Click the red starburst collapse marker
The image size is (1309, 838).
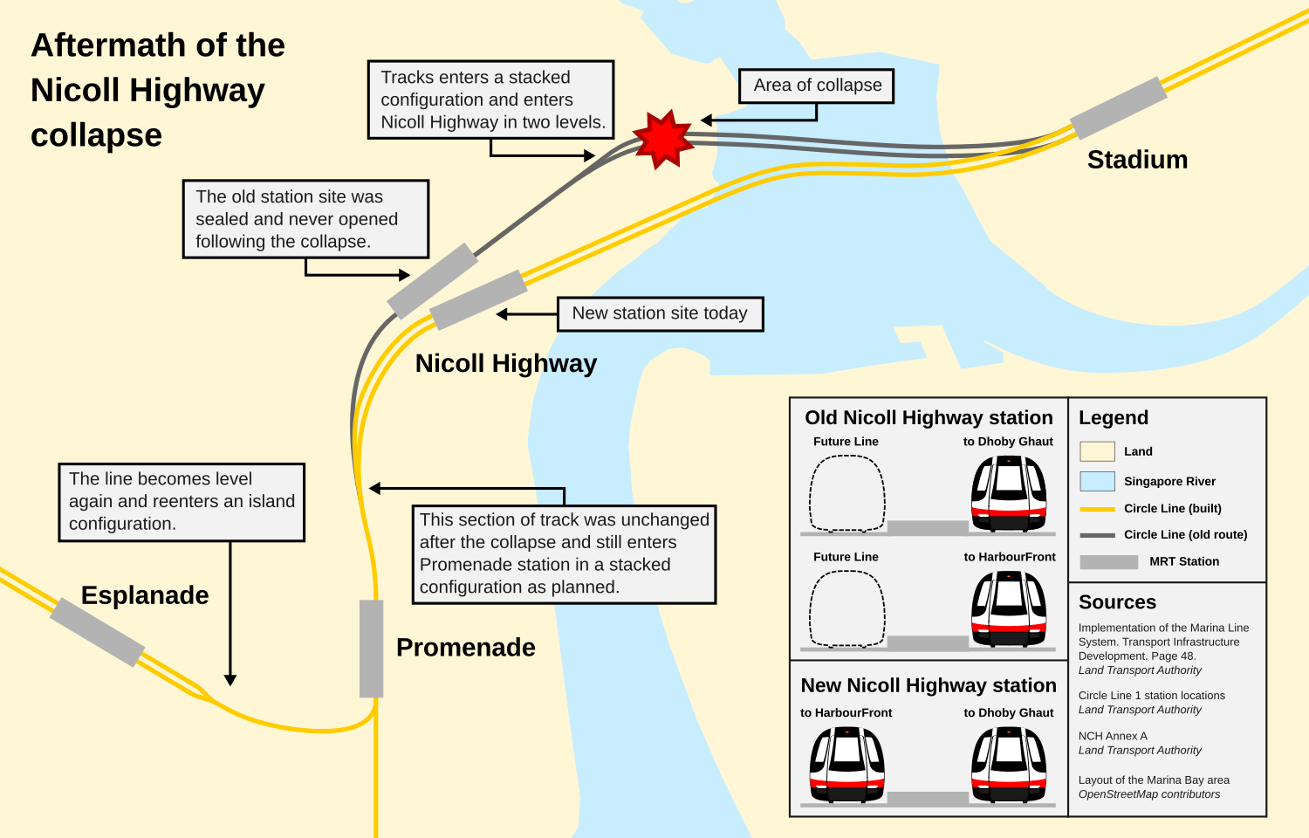coord(663,139)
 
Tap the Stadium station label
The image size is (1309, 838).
coord(1137,160)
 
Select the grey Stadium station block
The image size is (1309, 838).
coord(1119,108)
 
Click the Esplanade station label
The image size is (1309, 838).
coord(145,595)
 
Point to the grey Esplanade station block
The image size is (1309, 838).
coord(97,632)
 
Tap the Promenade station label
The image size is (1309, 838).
coord(465,648)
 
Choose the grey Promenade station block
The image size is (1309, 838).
coord(372,648)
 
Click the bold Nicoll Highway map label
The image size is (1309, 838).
coord(505,363)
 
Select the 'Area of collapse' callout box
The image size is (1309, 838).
coord(817,86)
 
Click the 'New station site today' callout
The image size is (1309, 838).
coord(660,313)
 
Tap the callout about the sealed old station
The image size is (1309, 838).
coord(305,219)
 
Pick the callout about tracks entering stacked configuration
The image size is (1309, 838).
coord(491,100)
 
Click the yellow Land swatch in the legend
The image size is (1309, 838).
coord(1097,451)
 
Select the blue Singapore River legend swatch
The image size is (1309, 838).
coord(1097,481)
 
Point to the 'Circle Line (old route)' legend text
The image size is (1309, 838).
coord(1185,534)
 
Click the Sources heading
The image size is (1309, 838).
coord(1117,602)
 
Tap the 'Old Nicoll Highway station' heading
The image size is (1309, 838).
coord(929,418)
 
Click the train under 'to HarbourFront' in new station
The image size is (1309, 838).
coord(846,764)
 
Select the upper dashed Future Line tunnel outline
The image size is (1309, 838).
coord(847,493)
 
